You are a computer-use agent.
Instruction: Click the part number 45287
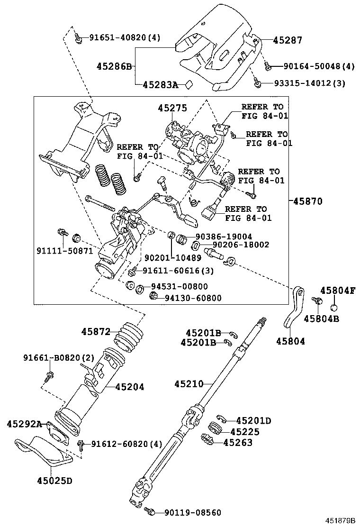[288, 40]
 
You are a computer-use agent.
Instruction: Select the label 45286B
[114, 66]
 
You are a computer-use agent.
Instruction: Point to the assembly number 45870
[307, 201]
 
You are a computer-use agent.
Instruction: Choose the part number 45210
[188, 383]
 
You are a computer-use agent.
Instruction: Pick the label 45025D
[54, 481]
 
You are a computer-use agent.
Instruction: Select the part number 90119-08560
[193, 512]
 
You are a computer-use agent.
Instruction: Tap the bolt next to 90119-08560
[151, 511]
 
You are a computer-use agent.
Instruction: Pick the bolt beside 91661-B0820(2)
[48, 377]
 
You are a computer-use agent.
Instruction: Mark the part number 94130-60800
[193, 298]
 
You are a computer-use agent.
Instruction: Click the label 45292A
[24, 423]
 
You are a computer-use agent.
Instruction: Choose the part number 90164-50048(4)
[319, 67]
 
